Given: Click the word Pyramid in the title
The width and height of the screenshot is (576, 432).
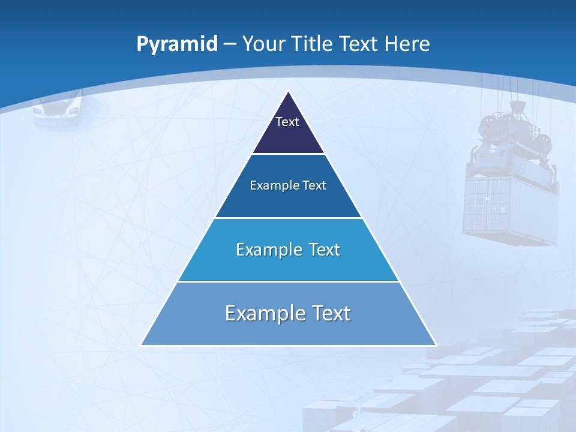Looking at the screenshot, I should (177, 44).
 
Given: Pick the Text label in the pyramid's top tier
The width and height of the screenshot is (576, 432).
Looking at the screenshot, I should (287, 122).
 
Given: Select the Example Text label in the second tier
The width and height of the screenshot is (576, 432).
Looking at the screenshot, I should (288, 185).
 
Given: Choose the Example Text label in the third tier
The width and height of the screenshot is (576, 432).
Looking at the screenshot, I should (288, 250).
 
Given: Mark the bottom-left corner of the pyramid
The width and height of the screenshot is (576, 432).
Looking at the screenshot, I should (142, 345).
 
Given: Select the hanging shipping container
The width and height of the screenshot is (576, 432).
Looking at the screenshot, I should (510, 207).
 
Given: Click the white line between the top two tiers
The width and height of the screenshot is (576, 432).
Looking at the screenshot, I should (288, 154).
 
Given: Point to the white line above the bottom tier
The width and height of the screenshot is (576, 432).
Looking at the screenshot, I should (288, 281).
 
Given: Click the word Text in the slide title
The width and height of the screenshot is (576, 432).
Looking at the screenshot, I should (360, 44).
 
